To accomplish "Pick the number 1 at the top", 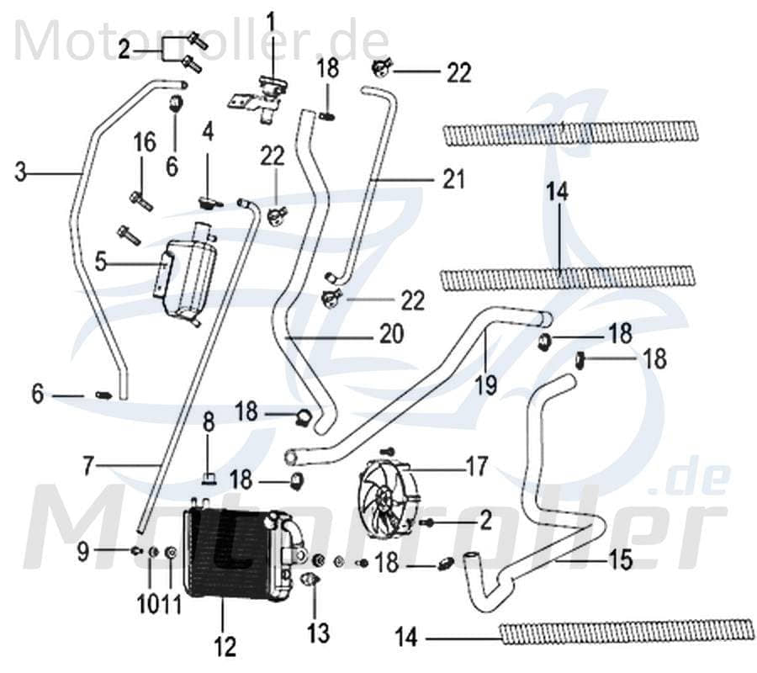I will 271,19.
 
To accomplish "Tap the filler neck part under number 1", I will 266,97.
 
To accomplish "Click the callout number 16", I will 145,142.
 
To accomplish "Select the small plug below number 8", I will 209,480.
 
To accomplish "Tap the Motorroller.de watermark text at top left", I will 202,40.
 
